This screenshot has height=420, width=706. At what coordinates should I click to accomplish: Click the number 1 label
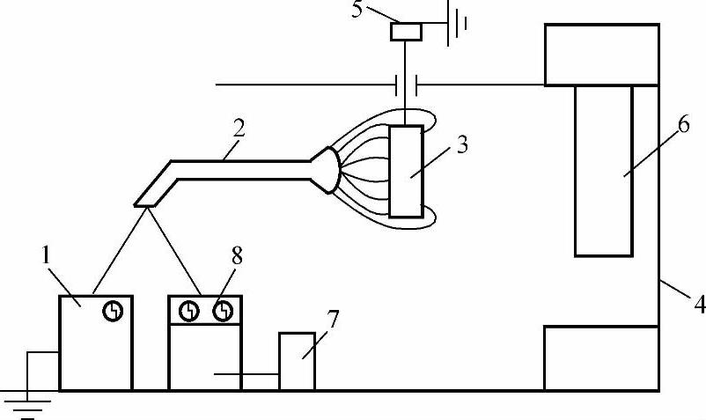tap(45, 261)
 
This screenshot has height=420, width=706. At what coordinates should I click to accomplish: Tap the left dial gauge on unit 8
tap(188, 311)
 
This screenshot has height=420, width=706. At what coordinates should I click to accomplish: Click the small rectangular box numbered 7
tap(297, 361)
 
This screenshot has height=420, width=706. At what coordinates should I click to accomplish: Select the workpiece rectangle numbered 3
tap(407, 171)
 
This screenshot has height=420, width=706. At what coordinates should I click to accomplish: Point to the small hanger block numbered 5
tap(407, 32)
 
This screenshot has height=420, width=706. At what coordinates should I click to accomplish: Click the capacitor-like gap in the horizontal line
tap(405, 85)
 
